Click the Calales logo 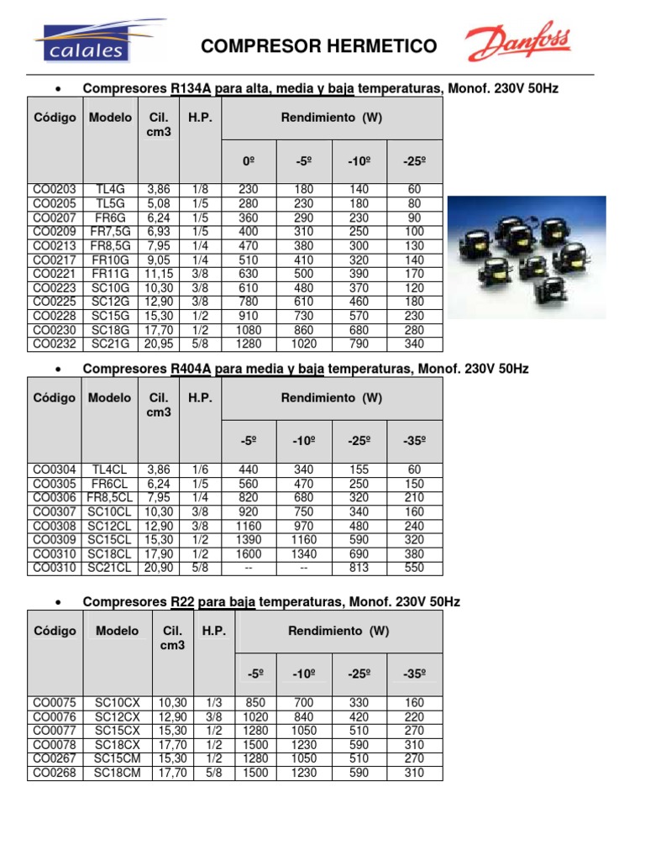pos(81,43)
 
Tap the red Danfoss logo pos(517,43)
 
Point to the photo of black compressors pos(526,257)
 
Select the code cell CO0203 pos(55,190)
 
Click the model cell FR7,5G pos(110,231)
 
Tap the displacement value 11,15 pos(158,273)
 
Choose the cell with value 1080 pos(249,329)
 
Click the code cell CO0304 pos(55,470)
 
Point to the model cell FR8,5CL pos(110,498)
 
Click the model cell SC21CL pos(110,569)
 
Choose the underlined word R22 pos(182,602)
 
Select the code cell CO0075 pos(55,703)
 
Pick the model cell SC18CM pos(118,773)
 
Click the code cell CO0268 pos(55,773)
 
